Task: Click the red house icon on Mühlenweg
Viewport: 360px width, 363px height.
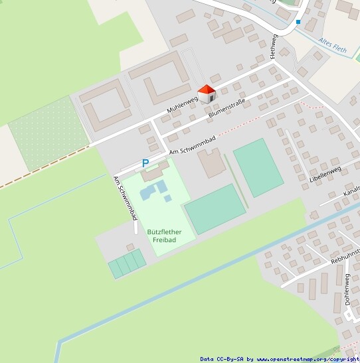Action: point(207,94)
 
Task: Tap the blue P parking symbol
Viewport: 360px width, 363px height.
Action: point(145,163)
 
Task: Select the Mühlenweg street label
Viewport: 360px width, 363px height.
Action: point(183,104)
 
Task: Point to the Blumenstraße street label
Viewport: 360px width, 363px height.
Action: point(226,108)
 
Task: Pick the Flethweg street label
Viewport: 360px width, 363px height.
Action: point(273,47)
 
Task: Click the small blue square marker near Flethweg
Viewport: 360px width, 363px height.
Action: point(298,22)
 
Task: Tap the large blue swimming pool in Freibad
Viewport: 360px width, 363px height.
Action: point(151,192)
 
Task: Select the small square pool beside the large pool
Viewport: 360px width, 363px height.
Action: point(168,198)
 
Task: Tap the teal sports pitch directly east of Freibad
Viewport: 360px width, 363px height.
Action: point(213,208)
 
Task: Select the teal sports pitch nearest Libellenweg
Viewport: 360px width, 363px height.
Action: point(258,167)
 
